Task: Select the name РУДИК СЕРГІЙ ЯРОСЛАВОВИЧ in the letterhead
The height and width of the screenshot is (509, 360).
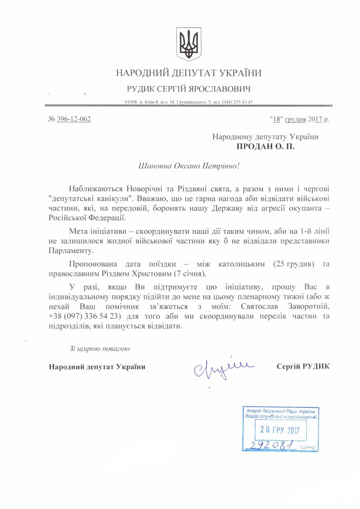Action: [189, 88]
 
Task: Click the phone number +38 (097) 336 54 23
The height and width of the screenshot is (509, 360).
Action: [84, 316]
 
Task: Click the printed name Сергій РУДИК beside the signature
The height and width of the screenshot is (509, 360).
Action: [302, 367]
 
